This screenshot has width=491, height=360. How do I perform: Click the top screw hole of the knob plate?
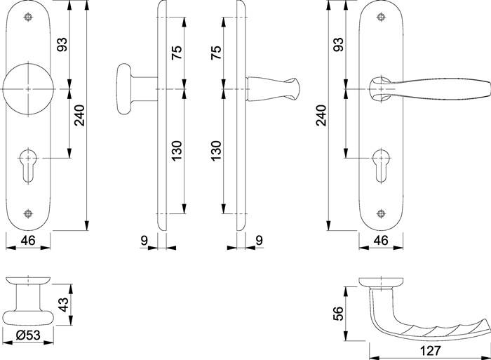pyautogui.click(x=28, y=17)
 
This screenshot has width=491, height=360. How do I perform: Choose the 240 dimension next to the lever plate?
pyautogui.click(x=321, y=115)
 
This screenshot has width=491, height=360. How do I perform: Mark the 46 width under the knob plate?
pyautogui.click(x=28, y=241)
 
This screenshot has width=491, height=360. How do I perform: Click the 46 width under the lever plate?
pyautogui.click(x=380, y=241)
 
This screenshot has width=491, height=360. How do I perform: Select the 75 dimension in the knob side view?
pyautogui.click(x=177, y=53)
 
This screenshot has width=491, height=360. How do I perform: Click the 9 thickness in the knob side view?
pyautogui.click(x=144, y=241)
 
